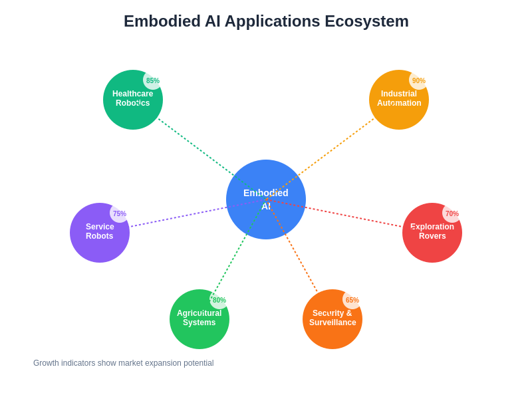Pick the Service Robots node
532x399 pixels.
tap(96, 239)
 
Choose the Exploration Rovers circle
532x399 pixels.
tap(432, 243)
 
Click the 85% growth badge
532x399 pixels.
tap(153, 80)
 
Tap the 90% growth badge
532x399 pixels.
tap(419, 80)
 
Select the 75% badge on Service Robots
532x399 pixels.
tap(120, 213)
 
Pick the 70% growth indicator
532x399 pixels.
tap(452, 213)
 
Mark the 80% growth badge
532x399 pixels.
tap(219, 300)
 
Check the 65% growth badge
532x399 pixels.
tap(352, 300)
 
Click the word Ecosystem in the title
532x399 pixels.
tap(366, 21)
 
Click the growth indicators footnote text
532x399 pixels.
tap(123, 363)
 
